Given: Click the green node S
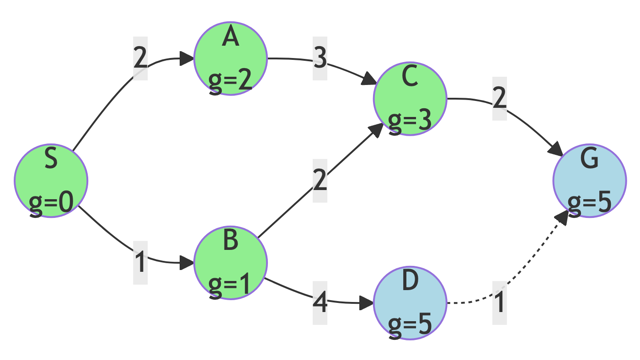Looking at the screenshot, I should coord(51,181).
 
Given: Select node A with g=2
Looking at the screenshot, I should coord(230,58).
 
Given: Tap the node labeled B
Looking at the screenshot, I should coord(230,263).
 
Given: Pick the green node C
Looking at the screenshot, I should coord(410,99).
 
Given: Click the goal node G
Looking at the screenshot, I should coord(589,181).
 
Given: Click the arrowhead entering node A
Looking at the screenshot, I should coord(187,58).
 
